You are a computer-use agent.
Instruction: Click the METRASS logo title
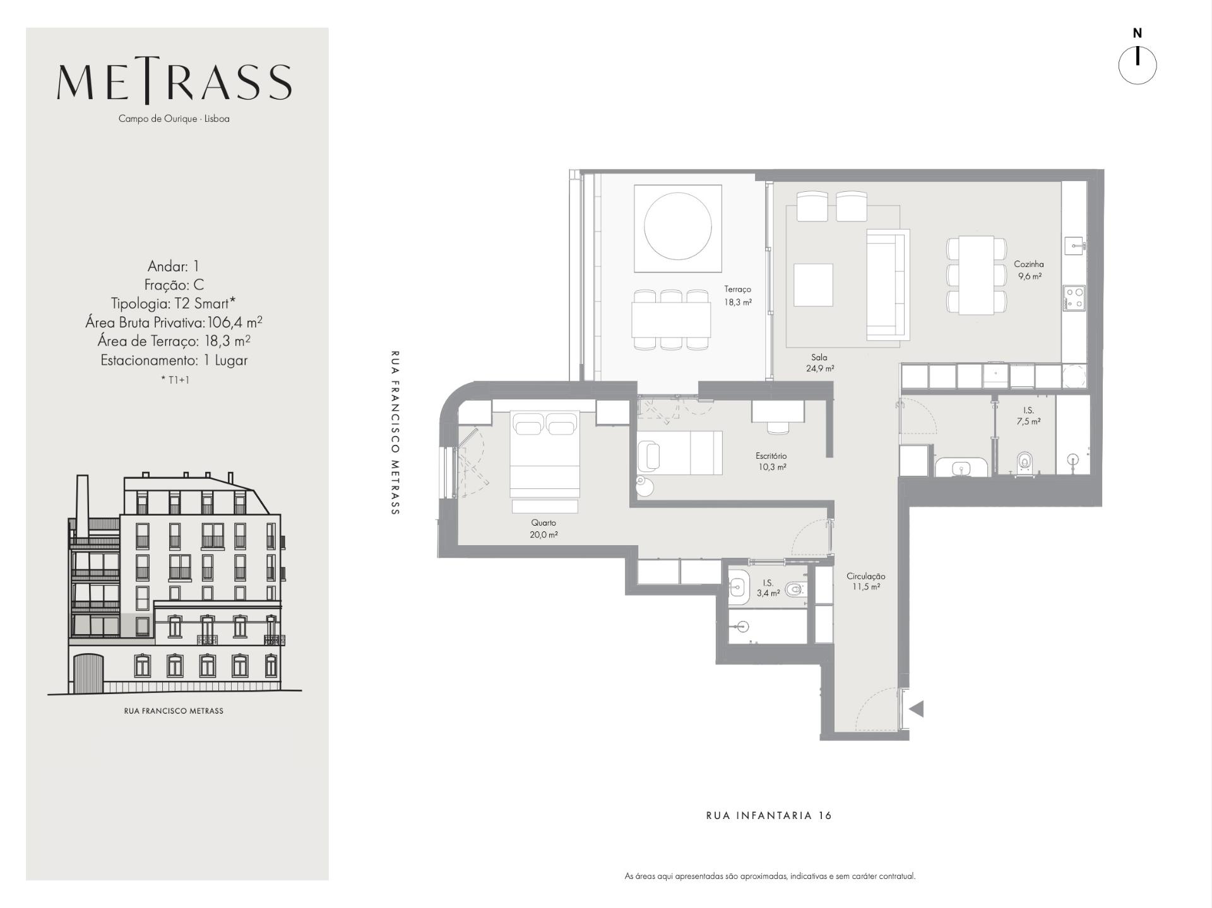[x=174, y=83]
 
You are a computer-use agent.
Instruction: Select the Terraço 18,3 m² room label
[x=738, y=295]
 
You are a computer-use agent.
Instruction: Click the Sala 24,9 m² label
[x=819, y=363]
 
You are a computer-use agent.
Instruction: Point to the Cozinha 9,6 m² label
[x=1029, y=270]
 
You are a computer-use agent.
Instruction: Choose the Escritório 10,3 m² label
[x=771, y=461]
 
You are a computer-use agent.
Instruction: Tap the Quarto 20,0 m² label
[x=544, y=529]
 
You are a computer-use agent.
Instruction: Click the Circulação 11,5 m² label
[x=865, y=581]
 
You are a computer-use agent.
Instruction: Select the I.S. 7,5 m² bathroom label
[x=1028, y=416]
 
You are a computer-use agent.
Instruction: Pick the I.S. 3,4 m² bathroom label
[x=768, y=588]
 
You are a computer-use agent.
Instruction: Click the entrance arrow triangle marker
[x=917, y=709]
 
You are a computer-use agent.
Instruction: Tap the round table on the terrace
[x=678, y=225]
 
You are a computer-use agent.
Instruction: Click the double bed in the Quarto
[x=545, y=454]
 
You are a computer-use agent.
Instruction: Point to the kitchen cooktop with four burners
[x=1074, y=298]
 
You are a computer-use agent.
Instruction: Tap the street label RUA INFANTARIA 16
[x=769, y=815]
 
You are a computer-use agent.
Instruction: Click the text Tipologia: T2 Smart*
[x=174, y=304]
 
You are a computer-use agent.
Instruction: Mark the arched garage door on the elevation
[x=88, y=673]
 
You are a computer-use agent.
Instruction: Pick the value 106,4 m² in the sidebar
[x=235, y=322]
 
